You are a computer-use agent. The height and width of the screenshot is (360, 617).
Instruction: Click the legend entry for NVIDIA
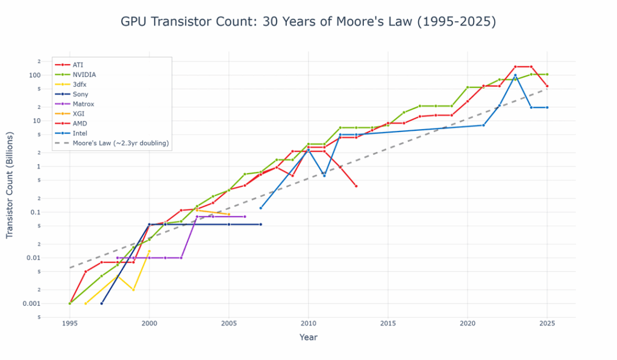tap(84, 74)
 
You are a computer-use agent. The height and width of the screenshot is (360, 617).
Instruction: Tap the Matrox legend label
tap(83, 104)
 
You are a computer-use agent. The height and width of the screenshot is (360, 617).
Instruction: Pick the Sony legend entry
tap(80, 94)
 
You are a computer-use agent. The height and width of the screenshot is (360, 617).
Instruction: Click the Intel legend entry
tap(80, 133)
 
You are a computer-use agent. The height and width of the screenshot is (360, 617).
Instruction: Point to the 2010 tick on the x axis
tap(308, 323)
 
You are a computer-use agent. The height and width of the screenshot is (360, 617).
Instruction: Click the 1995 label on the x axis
tap(70, 323)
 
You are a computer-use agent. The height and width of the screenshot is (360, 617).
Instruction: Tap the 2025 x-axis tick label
tap(547, 323)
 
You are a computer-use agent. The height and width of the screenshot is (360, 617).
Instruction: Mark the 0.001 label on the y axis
tap(31, 303)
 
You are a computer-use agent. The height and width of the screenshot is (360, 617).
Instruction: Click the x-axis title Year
tap(308, 338)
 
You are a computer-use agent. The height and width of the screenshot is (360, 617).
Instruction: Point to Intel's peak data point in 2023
tap(515, 75)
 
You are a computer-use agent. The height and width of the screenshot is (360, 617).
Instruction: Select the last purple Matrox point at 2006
tap(245, 216)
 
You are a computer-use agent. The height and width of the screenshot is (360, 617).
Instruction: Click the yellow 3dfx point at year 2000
tap(149, 251)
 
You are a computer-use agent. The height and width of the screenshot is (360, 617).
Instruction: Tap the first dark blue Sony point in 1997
tap(102, 303)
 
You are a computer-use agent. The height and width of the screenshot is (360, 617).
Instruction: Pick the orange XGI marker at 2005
tap(229, 214)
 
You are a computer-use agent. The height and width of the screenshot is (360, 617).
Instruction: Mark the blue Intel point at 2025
tap(547, 107)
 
